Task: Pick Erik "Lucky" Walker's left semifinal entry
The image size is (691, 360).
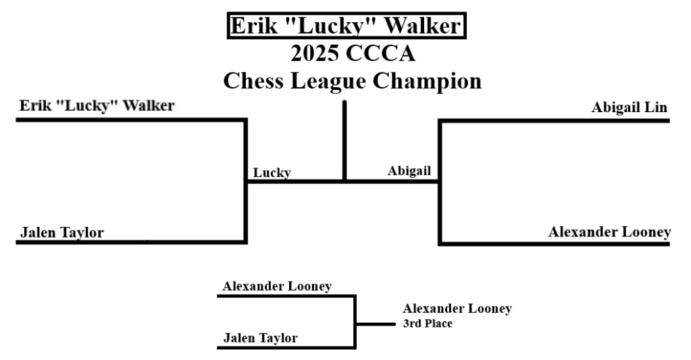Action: pos(97,106)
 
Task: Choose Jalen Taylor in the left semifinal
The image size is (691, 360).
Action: pos(62,233)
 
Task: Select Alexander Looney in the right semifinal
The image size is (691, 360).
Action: pos(609,232)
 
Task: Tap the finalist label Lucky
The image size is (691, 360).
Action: pos(272,172)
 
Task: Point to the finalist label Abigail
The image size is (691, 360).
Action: pos(409,171)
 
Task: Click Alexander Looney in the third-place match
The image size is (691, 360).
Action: pos(277,286)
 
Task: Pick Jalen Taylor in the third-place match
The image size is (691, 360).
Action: pos(260,338)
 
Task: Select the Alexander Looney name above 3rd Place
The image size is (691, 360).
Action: pos(457,309)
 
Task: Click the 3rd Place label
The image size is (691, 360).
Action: pos(428,324)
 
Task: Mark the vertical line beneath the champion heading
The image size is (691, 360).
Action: pos(344,140)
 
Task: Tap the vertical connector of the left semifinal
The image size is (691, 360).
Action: pos(246,181)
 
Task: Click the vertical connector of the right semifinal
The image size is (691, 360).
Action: pos(440,181)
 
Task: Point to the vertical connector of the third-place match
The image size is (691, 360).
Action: pos(355,322)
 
